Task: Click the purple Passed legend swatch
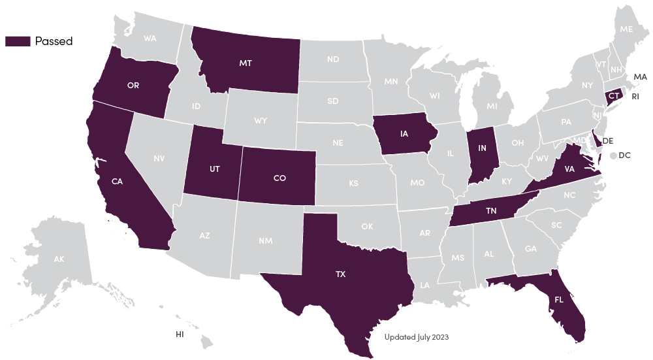pos(18,41)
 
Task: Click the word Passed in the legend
pos(54,41)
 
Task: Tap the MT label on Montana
pos(246,63)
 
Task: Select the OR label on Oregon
pos(133,86)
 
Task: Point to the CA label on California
pos(118,182)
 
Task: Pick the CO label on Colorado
pos(279,178)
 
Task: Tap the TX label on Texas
pos(340,274)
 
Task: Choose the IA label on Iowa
pos(404,134)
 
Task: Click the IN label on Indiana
pos(483,148)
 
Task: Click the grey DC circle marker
pos(613,155)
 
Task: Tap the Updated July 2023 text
pos(417,337)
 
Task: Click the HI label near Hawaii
pos(180,334)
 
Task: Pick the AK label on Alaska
pos(59,259)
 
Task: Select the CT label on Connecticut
pos(613,96)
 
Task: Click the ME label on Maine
pos(626,29)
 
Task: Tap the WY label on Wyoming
pos(261,120)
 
